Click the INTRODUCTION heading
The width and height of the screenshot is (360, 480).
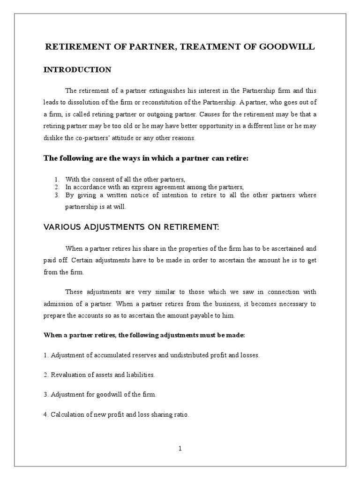[x=77, y=70]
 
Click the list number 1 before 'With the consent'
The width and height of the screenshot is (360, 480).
[x=57, y=180]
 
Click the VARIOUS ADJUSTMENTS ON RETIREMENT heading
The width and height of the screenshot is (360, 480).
[x=131, y=227]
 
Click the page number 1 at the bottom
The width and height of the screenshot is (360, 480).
[x=180, y=448]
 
